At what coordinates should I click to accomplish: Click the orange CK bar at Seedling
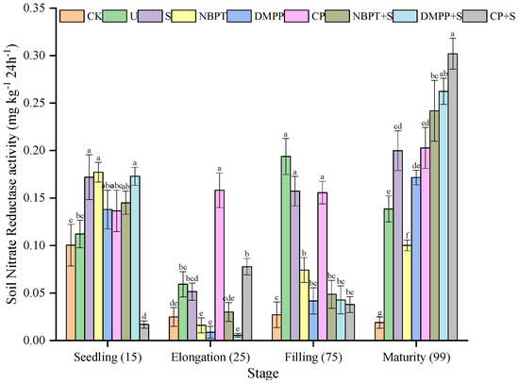click(x=71, y=292)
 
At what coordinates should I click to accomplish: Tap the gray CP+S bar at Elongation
click(x=246, y=303)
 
